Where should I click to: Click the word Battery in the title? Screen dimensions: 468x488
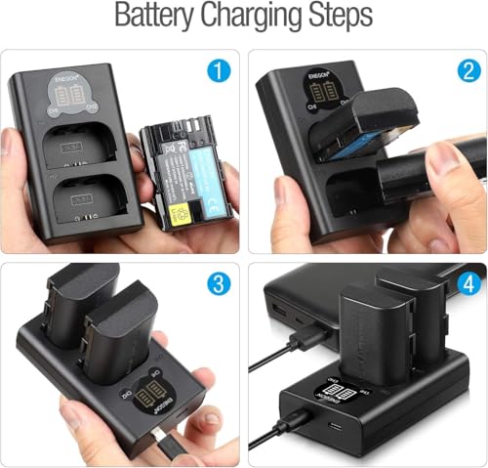point(160,18)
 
